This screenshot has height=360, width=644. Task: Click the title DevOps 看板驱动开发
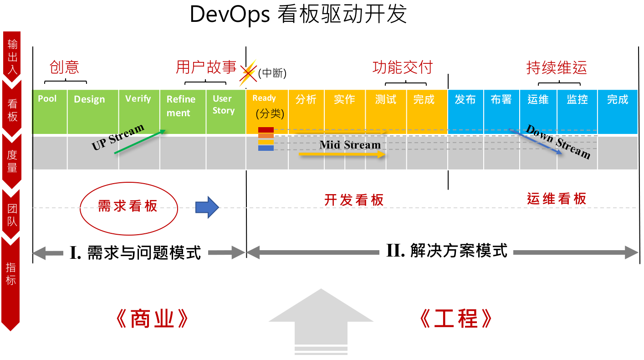point(298,15)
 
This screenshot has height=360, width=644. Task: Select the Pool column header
point(47,99)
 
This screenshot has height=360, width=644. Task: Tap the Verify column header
point(138,99)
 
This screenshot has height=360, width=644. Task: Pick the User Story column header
point(223,104)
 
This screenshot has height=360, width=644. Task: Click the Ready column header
point(264,98)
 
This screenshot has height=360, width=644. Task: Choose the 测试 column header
point(385,99)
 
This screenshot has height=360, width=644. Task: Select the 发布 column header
point(465,99)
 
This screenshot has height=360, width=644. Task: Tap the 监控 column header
point(577,99)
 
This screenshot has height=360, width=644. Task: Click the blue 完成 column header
point(617,99)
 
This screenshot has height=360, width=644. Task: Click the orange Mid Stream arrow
point(342,155)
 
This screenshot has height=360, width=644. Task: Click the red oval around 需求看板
point(128,206)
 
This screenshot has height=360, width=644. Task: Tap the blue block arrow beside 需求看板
point(207,207)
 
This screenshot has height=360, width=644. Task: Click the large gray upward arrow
point(321,319)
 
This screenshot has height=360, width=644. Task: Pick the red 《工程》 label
point(455,319)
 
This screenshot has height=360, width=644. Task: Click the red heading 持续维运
point(557,68)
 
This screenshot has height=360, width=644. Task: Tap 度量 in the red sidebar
point(12,161)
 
